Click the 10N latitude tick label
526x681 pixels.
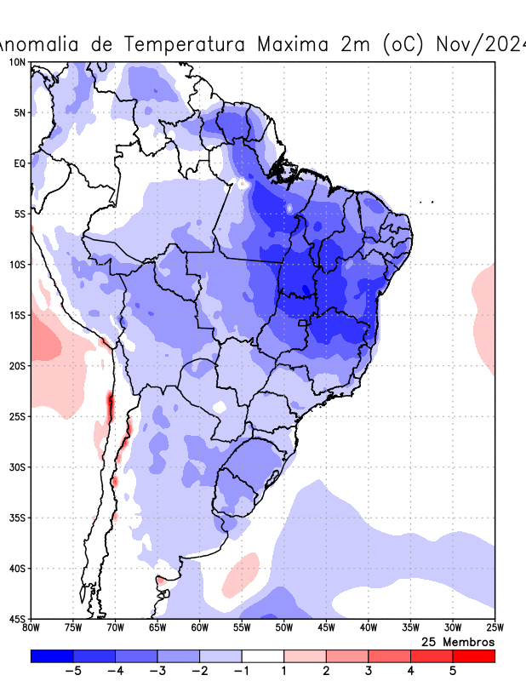(18, 62)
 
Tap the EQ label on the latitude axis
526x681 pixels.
(20, 163)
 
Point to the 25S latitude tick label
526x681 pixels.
(18, 416)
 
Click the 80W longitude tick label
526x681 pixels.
(31, 628)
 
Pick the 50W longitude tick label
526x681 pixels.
(283, 628)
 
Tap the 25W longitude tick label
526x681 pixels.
(495, 628)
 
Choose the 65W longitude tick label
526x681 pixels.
(157, 628)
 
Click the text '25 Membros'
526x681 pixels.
(458, 641)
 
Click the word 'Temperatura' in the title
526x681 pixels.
(195, 43)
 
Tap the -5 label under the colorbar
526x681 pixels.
(73, 671)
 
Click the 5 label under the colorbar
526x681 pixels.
(453, 671)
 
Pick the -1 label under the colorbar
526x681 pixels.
(242, 671)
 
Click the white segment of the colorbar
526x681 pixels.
(263, 655)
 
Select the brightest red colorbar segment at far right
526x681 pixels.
(474, 655)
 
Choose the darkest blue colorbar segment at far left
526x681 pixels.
(52, 655)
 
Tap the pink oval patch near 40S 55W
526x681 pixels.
(241, 575)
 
